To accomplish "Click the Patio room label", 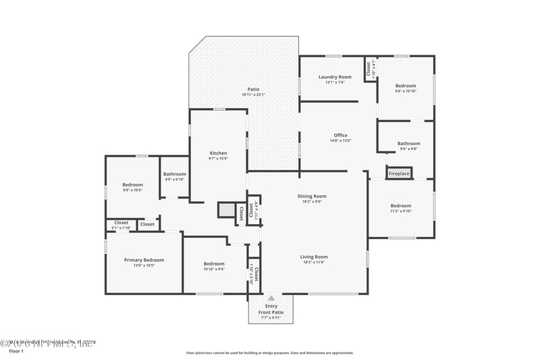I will [x=253, y=89].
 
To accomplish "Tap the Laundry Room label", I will [x=335, y=77].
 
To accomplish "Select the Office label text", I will [x=340, y=135].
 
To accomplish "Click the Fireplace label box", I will [x=399, y=174].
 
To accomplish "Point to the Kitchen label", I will [x=218, y=153].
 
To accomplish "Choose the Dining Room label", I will [x=312, y=197].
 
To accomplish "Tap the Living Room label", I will [x=314, y=257].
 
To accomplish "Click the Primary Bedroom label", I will [x=144, y=260].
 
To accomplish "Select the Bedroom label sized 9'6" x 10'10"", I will [x=406, y=86].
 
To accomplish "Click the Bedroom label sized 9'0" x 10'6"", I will [x=132, y=184].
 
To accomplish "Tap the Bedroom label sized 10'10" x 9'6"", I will [x=214, y=263].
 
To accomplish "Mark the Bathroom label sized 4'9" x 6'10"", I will [x=174, y=174].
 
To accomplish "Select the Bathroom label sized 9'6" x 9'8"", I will [x=408, y=143].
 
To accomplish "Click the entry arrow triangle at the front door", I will [x=271, y=298].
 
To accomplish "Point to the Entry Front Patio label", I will [x=271, y=309].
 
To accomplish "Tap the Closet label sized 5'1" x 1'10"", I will [x=121, y=223].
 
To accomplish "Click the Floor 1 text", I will [x=16, y=351].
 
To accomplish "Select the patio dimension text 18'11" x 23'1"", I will [x=253, y=95].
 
